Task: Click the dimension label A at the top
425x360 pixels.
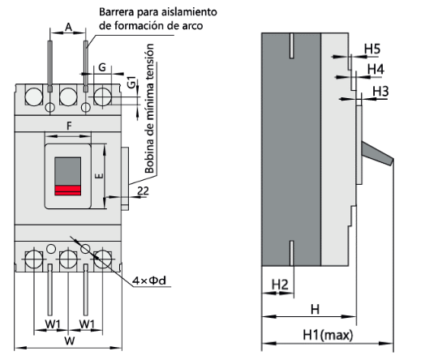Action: [68, 27]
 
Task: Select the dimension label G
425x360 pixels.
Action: [101, 66]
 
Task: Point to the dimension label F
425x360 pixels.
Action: [69, 126]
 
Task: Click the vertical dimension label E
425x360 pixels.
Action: [97, 174]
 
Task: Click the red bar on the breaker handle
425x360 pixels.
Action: [67, 191]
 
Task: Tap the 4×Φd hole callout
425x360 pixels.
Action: [151, 281]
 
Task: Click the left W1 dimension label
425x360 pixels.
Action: [52, 324]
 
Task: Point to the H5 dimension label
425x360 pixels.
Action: [372, 49]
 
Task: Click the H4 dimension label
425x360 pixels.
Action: [375, 70]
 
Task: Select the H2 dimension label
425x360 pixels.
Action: [279, 284]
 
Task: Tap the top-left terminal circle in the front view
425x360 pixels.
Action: [34, 96]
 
